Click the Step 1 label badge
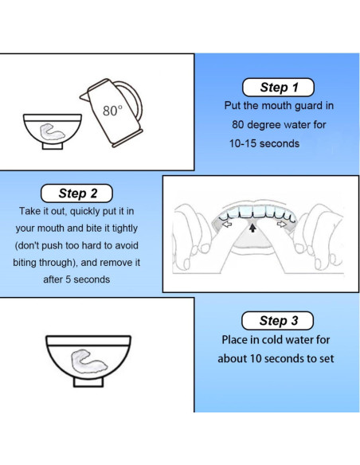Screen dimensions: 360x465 tap(278, 88)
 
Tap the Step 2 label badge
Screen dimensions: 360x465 tap(76, 193)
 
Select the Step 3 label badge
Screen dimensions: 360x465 tap(277, 321)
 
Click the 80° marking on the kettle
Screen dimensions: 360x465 tap(112, 111)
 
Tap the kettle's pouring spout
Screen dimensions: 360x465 tap(84, 96)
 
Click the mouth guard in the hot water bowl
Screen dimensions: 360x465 tap(53, 131)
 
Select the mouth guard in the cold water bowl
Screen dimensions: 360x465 tap(88, 361)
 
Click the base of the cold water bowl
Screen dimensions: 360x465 tap(88, 381)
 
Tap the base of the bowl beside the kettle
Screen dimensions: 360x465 tap(53, 146)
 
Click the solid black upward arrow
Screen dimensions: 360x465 tap(252, 228)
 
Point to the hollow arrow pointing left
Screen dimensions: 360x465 tap(227, 225)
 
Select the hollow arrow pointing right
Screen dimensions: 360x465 tap(281, 225)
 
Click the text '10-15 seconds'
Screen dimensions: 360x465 tap(264, 144)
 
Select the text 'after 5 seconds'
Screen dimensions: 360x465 tap(76, 279)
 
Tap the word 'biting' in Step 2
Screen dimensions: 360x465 tap(25, 263)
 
